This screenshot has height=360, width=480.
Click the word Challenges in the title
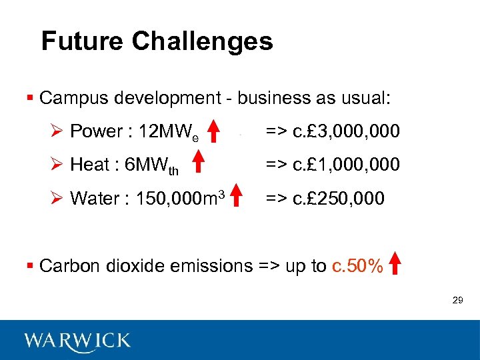[x=202, y=41]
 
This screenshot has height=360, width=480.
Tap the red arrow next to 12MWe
[x=215, y=131]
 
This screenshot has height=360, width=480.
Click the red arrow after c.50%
[x=395, y=263]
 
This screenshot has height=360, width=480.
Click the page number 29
[x=457, y=301]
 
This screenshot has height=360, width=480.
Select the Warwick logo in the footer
[x=77, y=341]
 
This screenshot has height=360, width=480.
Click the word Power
[x=97, y=131]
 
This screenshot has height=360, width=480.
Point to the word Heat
[x=89, y=164]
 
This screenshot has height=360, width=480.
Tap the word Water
[x=92, y=198]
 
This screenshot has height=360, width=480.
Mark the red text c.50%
[x=357, y=266]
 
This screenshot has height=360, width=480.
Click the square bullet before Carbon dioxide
[x=29, y=266]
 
